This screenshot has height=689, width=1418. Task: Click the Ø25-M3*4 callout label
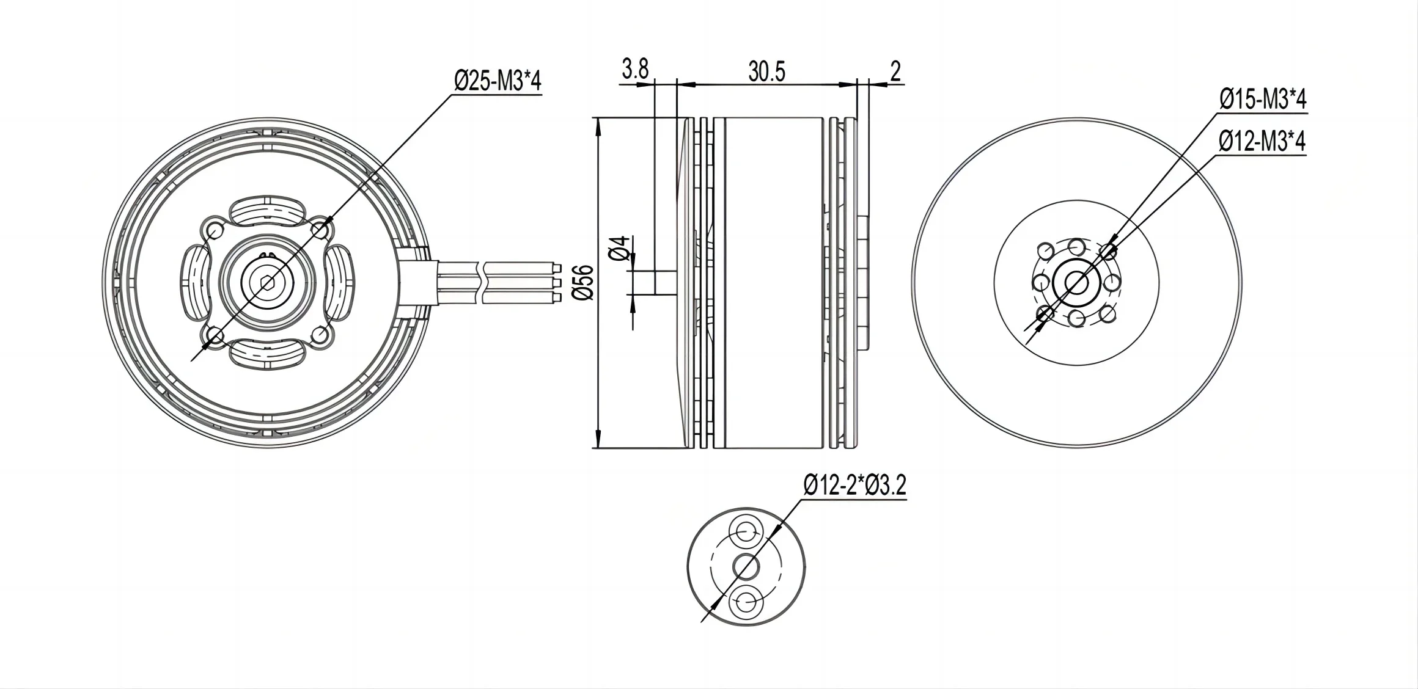[x=497, y=81]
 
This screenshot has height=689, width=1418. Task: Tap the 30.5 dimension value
[x=766, y=71]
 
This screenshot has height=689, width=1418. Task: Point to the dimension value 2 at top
[x=895, y=71]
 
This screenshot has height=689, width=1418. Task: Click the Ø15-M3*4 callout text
[x=1262, y=99]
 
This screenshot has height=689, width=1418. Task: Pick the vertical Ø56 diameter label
[x=584, y=282]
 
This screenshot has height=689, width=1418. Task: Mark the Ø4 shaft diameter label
[x=621, y=249]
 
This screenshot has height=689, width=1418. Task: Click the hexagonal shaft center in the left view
[x=267, y=282]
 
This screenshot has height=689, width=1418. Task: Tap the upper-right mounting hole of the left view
[x=320, y=230]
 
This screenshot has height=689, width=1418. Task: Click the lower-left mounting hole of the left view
[x=215, y=335]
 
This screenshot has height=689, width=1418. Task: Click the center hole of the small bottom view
[x=746, y=566]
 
